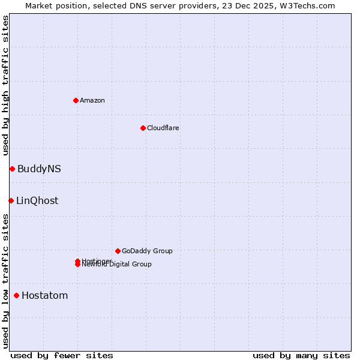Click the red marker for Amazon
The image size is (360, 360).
[x=76, y=100]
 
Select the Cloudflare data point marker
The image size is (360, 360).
[x=143, y=128]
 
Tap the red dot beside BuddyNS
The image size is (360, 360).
[x=12, y=169]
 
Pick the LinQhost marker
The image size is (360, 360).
[x=11, y=200]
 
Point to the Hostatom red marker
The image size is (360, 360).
[x=16, y=295]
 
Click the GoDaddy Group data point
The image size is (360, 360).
[x=118, y=251]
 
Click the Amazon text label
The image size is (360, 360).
[x=92, y=100]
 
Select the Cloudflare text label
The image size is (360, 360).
[x=163, y=128]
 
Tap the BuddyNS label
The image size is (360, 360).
[x=39, y=169]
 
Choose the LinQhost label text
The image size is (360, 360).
[x=37, y=200]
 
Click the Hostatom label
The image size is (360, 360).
[x=44, y=295]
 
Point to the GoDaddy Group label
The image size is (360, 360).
[x=147, y=251]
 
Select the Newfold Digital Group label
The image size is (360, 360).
[x=118, y=265]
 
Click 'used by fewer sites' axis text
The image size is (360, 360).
[x=62, y=355]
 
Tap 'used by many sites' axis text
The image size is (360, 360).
[x=301, y=355]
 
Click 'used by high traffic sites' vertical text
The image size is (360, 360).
[x=5, y=85]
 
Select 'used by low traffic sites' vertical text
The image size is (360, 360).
[x=5, y=280]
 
